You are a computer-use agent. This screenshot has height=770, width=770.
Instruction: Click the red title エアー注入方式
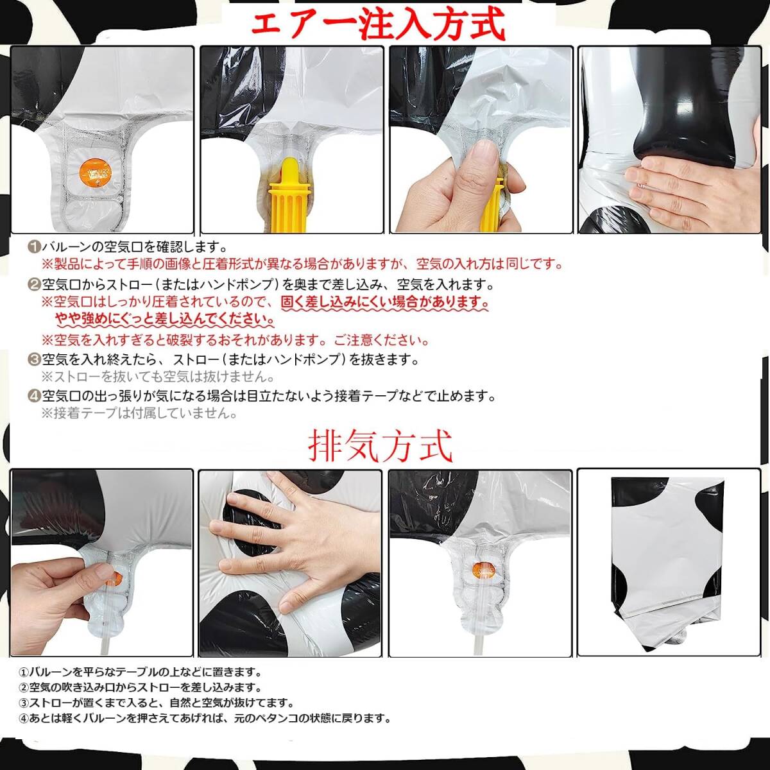(377, 24)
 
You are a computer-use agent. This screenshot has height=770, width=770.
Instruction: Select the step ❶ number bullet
(34, 248)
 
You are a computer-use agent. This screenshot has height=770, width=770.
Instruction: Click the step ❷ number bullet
(34, 285)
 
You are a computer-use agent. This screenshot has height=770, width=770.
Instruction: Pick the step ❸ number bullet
(34, 360)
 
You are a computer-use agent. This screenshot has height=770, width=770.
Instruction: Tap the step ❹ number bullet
(34, 397)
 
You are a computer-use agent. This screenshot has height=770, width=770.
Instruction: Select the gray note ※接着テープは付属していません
(139, 413)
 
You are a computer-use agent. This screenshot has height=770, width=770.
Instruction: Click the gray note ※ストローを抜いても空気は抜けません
(158, 377)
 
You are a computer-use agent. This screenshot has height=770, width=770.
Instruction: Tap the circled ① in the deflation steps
(24, 672)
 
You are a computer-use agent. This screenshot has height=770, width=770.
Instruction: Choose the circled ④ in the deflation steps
(24, 719)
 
